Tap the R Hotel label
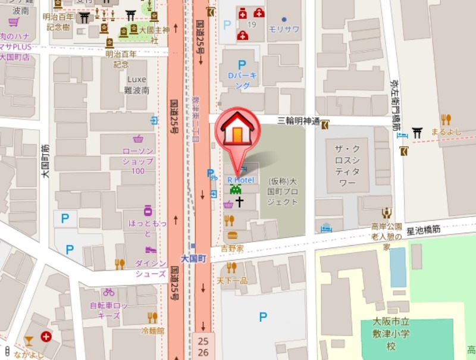pyautogui.click(x=240, y=180)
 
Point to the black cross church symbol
pyautogui.click(x=240, y=202)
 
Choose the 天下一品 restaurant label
pyautogui.click(x=232, y=280)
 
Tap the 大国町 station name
pyautogui.click(x=193, y=259)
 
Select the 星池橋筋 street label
pyautogui.click(x=423, y=228)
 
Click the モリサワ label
pyautogui.click(x=283, y=29)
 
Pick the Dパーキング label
pyautogui.click(x=242, y=81)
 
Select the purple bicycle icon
pyautogui.click(x=108, y=292)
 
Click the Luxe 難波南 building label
pyautogui.click(x=137, y=85)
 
